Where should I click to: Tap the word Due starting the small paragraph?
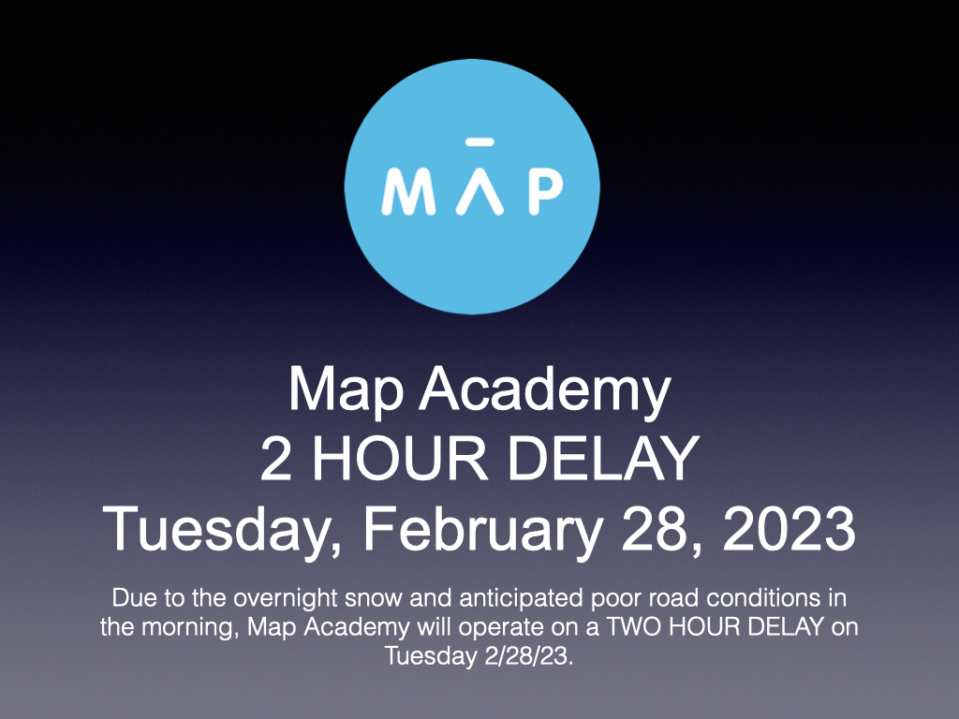tap(131, 596)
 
